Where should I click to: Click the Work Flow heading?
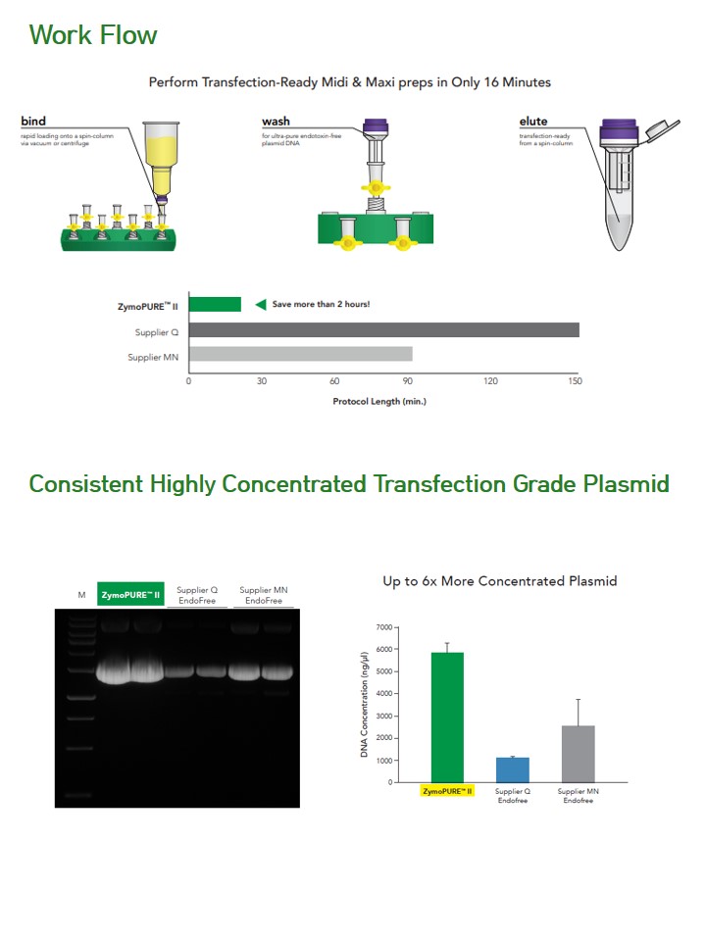pos(93,35)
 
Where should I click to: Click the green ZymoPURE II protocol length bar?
pos(215,304)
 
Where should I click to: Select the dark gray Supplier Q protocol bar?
pos(384,330)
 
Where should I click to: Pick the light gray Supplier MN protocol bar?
pos(301,354)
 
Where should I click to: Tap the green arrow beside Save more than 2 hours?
pos(261,304)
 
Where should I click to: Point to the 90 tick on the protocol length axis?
pos(408,381)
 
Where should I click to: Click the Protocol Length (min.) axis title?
pos(379,402)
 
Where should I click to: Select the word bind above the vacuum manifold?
pos(33,122)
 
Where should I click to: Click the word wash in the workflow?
pos(276,122)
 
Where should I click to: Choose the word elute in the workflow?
pos(533,122)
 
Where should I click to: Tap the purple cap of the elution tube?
pos(619,132)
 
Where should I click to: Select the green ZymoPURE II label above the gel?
pos(130,595)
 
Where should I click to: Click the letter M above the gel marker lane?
pos(81,595)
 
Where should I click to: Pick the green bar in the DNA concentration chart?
pos(447,718)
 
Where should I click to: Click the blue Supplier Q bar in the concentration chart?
pos(513,770)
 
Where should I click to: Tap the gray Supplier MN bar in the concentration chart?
pos(579,755)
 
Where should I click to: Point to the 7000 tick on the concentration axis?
pos(384,627)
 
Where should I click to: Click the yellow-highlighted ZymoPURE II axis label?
pos(447,792)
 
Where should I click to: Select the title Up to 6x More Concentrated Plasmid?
pos(500,581)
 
